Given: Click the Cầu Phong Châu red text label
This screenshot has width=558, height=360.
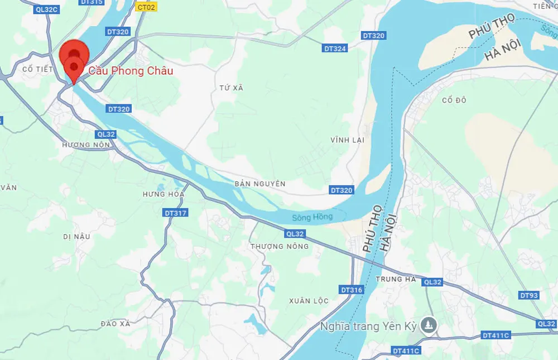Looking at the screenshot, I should [131, 71].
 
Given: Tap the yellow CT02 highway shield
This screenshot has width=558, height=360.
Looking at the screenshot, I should [147, 7].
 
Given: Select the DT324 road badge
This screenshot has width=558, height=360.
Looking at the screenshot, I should [335, 49].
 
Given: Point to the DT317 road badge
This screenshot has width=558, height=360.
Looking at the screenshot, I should [176, 213].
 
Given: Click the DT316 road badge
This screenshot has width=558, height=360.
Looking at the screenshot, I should [352, 290].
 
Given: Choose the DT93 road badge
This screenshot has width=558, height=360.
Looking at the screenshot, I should [528, 295].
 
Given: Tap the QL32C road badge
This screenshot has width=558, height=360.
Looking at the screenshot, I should [45, 9].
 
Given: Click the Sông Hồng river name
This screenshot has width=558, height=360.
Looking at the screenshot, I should [312, 217].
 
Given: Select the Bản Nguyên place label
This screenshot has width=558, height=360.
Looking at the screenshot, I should [260, 184].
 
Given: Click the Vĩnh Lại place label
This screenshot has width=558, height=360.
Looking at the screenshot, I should [347, 140].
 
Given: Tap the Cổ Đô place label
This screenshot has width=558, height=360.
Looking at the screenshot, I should [454, 100].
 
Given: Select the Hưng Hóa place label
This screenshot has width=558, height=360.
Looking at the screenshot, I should [163, 194].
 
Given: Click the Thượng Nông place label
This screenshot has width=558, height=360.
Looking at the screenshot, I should [280, 246].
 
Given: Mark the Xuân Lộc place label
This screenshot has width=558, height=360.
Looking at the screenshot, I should [309, 301].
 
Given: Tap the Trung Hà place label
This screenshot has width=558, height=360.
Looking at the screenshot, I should [396, 279].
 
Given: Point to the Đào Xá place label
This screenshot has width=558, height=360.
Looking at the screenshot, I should [116, 323].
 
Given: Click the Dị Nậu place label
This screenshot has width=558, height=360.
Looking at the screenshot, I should [76, 236].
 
